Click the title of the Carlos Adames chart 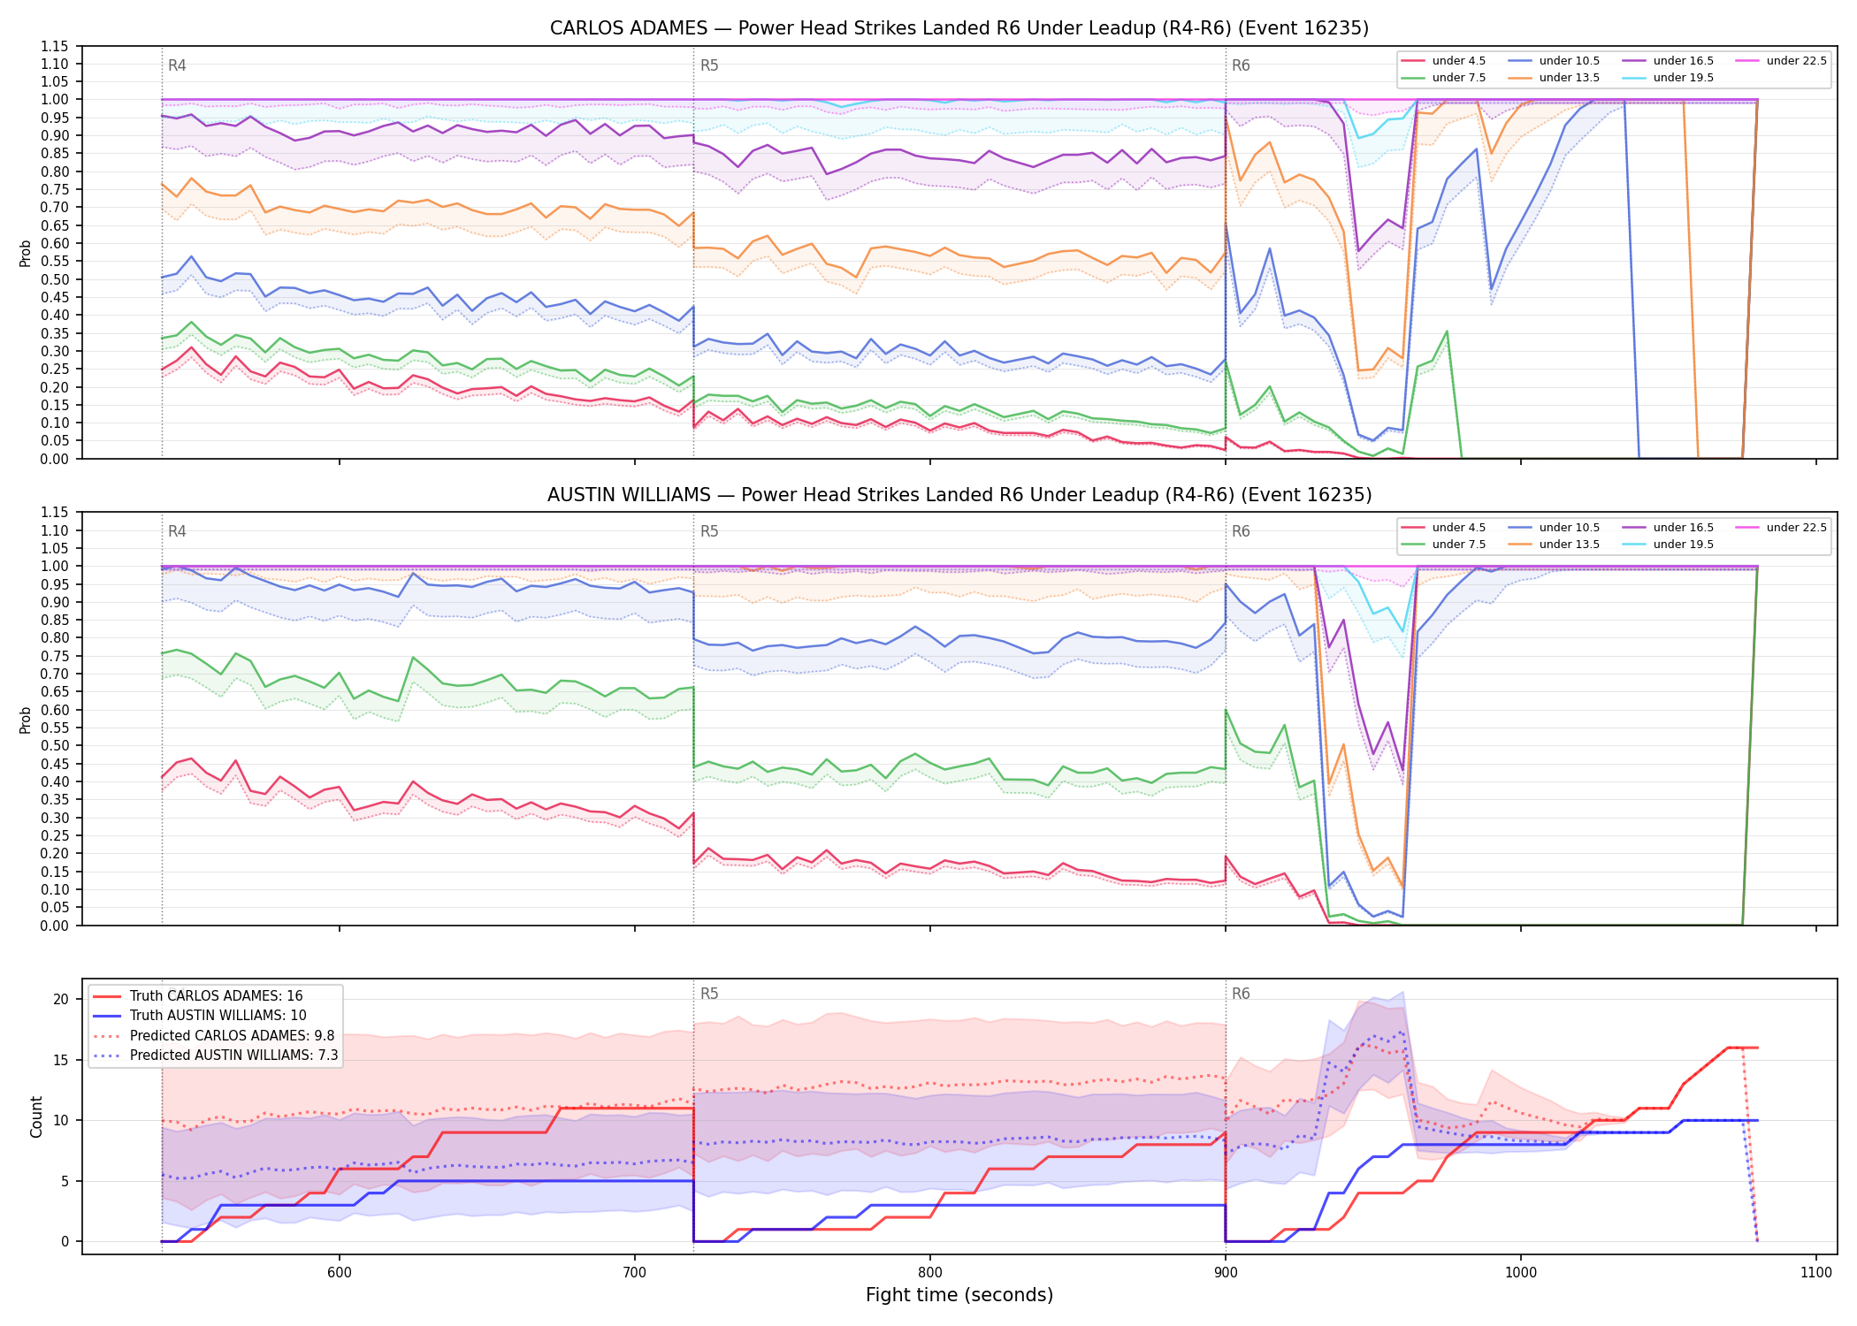tap(959, 28)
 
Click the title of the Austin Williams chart tap(959, 495)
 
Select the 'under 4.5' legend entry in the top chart tap(1444, 61)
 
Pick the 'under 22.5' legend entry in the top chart tap(1781, 61)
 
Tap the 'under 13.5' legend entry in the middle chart tap(1555, 545)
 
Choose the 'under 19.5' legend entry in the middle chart tap(1669, 545)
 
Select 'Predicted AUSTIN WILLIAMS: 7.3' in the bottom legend tap(215, 1055)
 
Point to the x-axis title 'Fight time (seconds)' tap(959, 1295)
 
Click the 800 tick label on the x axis tap(929, 1272)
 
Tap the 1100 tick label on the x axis tap(1815, 1272)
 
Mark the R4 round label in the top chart tap(177, 65)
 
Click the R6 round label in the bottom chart tap(1241, 994)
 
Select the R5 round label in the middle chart tap(709, 531)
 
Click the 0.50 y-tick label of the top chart tap(55, 279)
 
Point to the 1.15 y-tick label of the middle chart tap(55, 513)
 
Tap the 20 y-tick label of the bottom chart tap(61, 1000)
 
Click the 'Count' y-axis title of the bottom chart tap(36, 1116)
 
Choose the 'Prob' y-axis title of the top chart tap(26, 254)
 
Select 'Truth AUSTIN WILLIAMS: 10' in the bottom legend tap(199, 1016)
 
